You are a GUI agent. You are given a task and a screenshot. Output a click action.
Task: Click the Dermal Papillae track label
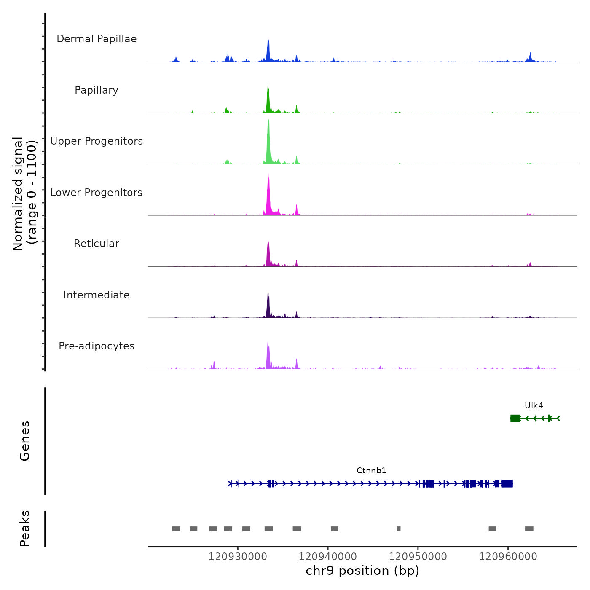[x=97, y=39]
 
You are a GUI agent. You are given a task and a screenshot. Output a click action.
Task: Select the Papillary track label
[x=97, y=90]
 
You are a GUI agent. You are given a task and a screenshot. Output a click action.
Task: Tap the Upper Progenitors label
[x=97, y=141]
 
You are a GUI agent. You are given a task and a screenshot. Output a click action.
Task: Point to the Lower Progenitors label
[x=97, y=193]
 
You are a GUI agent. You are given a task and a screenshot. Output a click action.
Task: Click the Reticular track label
[x=97, y=244]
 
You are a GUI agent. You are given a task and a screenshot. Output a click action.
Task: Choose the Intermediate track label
[x=97, y=295]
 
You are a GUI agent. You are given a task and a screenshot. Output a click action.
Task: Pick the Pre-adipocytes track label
[x=97, y=346]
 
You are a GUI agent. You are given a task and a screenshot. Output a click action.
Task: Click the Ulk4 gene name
[x=534, y=406]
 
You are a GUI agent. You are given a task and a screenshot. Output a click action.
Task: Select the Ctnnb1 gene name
[x=371, y=471]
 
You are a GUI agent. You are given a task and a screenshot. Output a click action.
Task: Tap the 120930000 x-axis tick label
[x=238, y=557]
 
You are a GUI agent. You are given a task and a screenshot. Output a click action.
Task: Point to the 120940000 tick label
[x=328, y=557]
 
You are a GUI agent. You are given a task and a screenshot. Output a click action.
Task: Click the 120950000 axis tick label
[x=418, y=557]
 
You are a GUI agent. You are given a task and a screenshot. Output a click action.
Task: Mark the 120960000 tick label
[x=508, y=557]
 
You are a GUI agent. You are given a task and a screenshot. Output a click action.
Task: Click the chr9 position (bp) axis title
[x=362, y=571]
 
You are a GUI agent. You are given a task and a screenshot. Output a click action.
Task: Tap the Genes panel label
[x=25, y=441]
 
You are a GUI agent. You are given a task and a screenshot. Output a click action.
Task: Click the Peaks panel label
[x=25, y=528]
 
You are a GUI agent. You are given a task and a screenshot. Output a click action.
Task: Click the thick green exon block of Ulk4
[x=515, y=418]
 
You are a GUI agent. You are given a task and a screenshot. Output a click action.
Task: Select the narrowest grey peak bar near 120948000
[x=399, y=529]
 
